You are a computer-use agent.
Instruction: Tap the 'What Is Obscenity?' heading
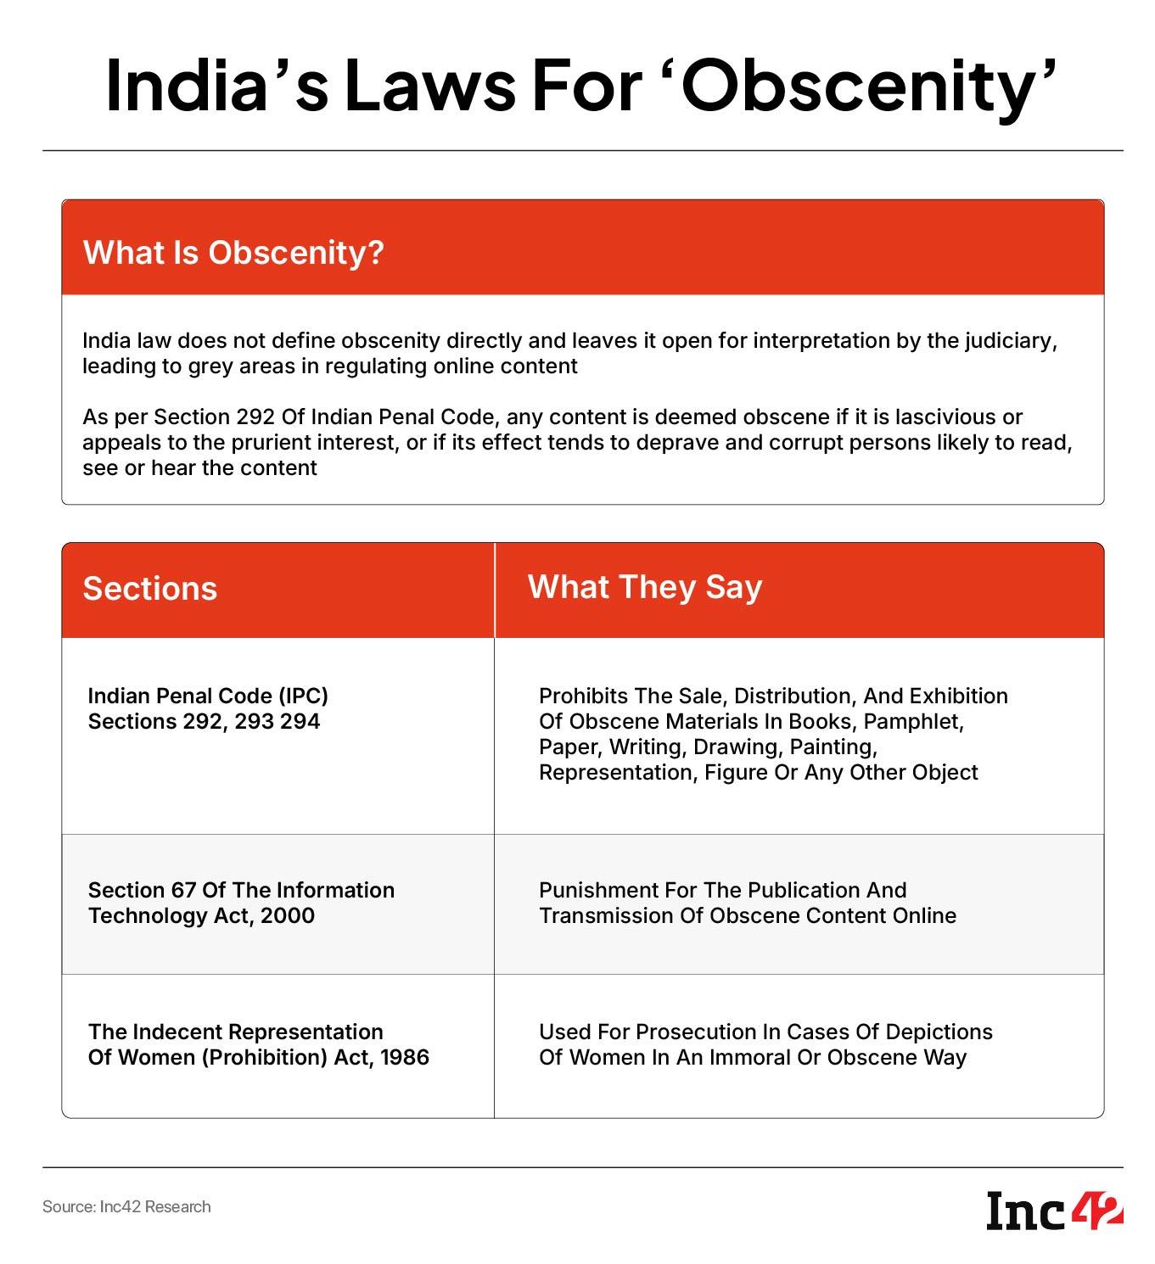click(x=233, y=252)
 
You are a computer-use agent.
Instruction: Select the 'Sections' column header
click(x=149, y=589)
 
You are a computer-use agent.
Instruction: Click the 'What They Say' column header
click(x=644, y=587)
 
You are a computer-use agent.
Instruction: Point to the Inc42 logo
click(x=1054, y=1211)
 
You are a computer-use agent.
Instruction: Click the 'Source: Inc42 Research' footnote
click(x=126, y=1206)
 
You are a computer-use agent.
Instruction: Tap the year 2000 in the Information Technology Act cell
click(x=288, y=916)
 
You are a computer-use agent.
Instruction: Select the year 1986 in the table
click(x=405, y=1058)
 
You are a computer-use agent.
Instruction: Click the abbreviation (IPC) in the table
click(x=302, y=696)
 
